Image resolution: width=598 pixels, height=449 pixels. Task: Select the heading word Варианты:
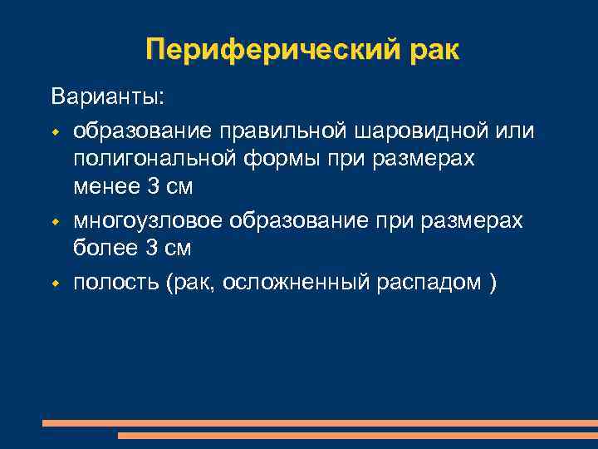pyautogui.click(x=108, y=97)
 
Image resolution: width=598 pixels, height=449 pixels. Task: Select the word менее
pyautogui.click(x=107, y=187)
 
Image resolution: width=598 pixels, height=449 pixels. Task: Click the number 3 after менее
pyautogui.click(x=153, y=187)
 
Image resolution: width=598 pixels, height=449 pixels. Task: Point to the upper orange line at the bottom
pyautogui.click(x=320, y=423)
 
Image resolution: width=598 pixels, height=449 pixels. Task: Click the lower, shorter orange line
pyautogui.click(x=357, y=435)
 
